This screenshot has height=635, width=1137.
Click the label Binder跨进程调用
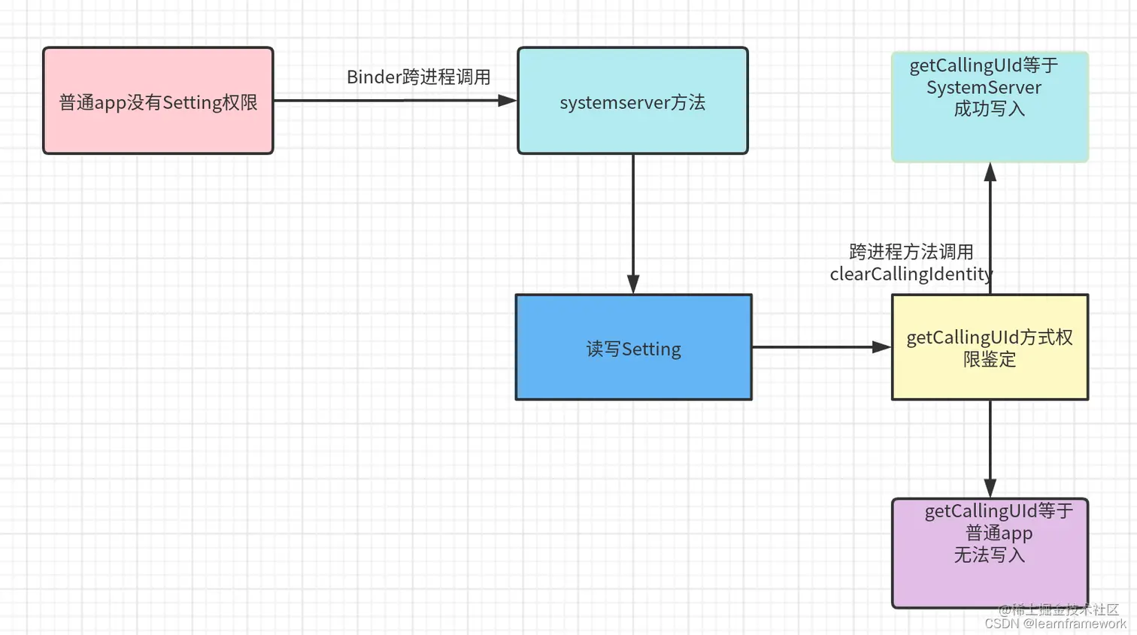[418, 77]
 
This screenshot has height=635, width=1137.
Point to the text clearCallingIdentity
[911, 274]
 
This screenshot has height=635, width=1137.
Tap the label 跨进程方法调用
[911, 252]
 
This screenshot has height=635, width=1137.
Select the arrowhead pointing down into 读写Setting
[633, 284]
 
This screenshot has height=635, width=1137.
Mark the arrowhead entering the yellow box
[881, 347]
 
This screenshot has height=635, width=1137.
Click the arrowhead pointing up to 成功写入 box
[990, 173]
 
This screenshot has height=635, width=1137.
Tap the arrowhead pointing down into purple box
[990, 487]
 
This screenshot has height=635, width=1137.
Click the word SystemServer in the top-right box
[984, 88]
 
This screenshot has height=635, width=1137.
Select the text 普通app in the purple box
[999, 534]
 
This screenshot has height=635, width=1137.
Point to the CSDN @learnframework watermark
[1055, 624]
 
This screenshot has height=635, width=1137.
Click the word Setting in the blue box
[651, 349]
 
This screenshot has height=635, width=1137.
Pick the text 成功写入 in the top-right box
[989, 110]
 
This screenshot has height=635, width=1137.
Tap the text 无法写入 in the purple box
[989, 555]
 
